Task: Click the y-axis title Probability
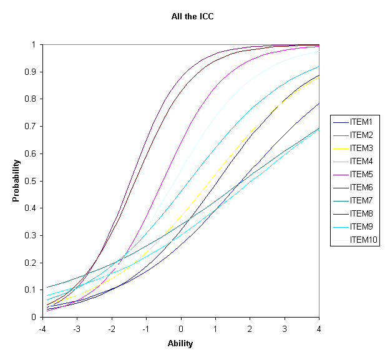coord(16,181)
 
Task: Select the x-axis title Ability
coord(181,343)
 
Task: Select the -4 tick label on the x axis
coord(42,328)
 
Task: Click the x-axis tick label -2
coord(112,328)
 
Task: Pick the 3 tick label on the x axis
coord(285,328)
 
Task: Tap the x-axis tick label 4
coord(319,328)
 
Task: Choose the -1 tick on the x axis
coord(146,328)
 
